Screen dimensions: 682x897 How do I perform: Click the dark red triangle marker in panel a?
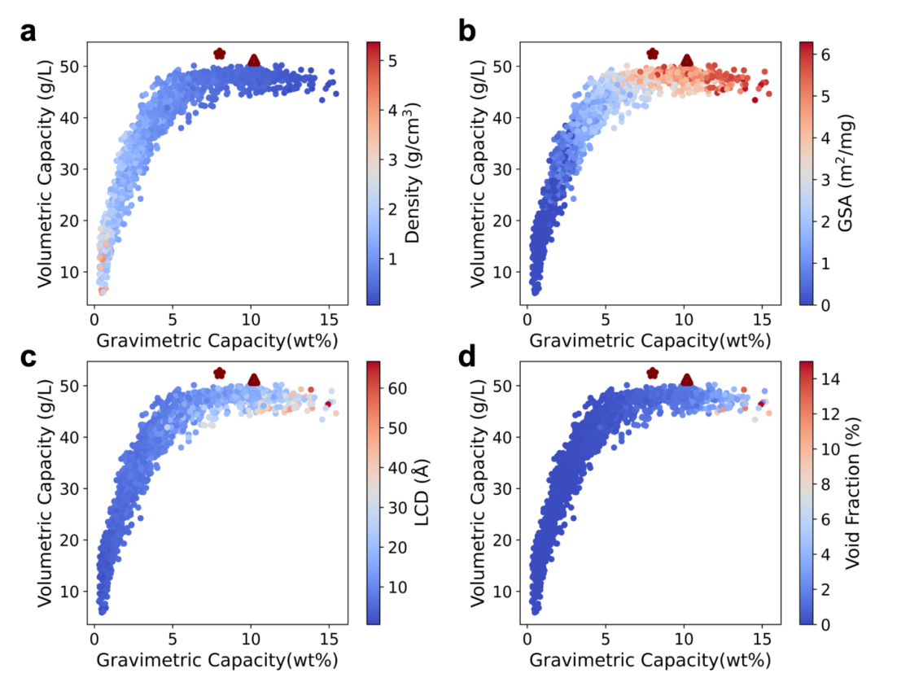coord(254,60)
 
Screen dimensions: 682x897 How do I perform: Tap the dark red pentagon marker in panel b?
coord(652,54)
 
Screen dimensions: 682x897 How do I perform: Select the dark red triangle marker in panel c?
coord(254,380)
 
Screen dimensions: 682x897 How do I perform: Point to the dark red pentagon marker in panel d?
coord(652,373)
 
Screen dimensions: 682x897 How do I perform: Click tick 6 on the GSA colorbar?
coord(822,55)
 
